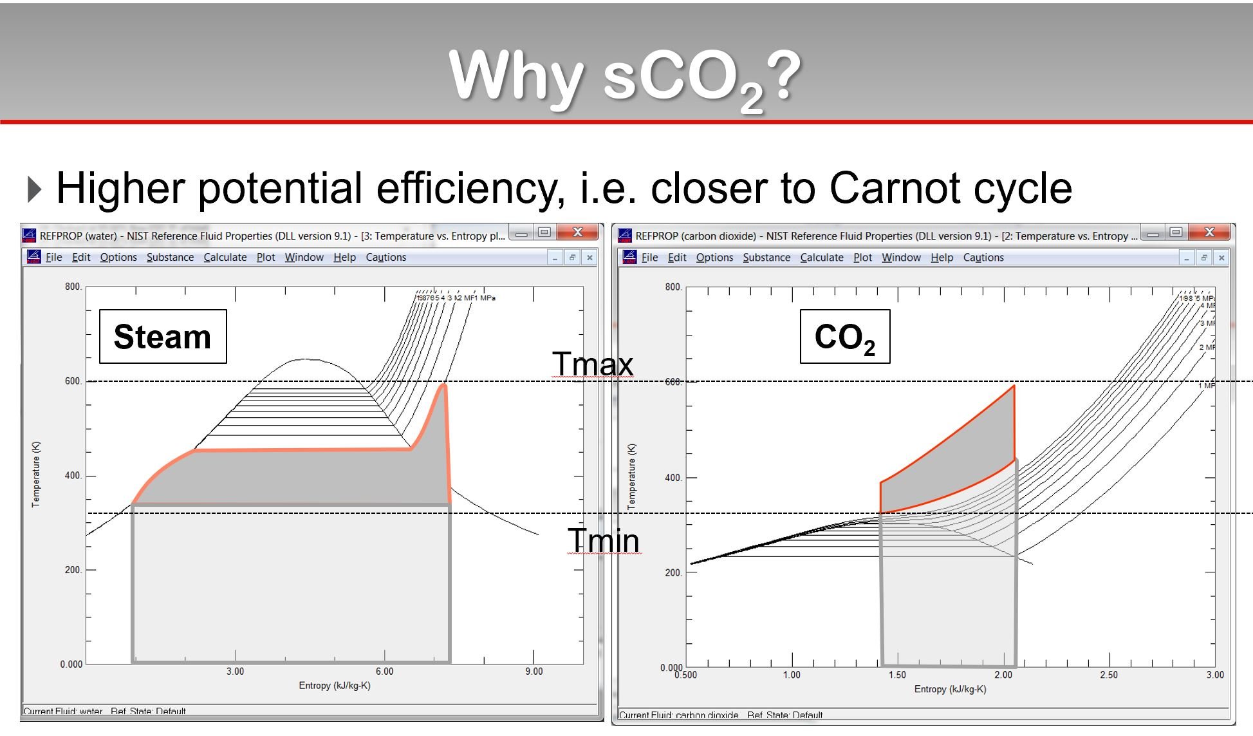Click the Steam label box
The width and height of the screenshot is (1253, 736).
[163, 337]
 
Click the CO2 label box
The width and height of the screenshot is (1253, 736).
[844, 337]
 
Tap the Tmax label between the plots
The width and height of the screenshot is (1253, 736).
[592, 364]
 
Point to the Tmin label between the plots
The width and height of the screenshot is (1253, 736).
[603, 540]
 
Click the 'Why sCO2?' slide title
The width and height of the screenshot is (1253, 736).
[624, 77]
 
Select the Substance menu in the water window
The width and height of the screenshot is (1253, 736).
[170, 258]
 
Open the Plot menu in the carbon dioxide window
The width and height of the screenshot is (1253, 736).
[862, 258]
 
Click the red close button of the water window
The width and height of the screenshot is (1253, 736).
[577, 232]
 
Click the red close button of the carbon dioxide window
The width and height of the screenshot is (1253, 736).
[1209, 232]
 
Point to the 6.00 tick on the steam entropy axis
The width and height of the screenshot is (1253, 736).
[384, 672]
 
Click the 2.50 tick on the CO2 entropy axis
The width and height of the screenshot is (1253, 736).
[1109, 675]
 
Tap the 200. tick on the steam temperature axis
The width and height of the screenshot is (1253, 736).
[73, 570]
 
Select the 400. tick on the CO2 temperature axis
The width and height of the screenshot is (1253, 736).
[673, 478]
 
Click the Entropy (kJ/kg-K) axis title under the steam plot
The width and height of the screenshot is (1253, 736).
[334, 686]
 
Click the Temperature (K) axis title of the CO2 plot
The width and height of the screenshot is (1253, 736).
[632, 477]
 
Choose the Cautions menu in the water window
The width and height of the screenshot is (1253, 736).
[385, 258]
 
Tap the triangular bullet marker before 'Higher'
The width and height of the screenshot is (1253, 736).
[35, 189]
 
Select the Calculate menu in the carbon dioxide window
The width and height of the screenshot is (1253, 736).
[821, 258]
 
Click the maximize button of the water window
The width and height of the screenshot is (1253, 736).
[544, 232]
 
